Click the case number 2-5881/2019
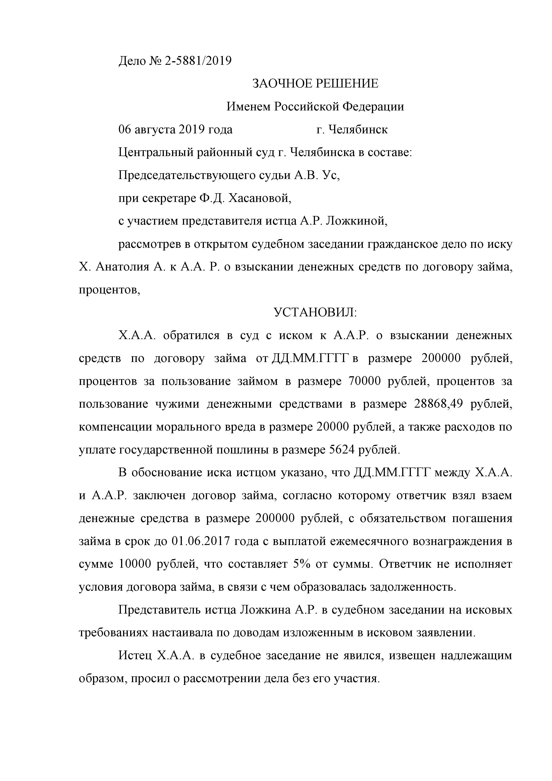pyautogui.click(x=198, y=61)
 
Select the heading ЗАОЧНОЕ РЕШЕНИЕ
pyautogui.click(x=315, y=84)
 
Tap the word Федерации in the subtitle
pyautogui.click(x=373, y=107)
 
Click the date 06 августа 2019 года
pyautogui.click(x=175, y=130)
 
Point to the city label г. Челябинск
pyautogui.click(x=352, y=130)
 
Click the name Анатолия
pyautogui.click(x=122, y=267)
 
